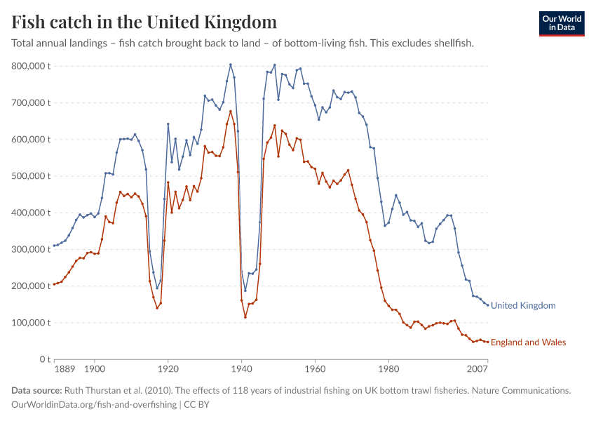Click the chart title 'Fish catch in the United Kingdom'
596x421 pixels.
click(144, 22)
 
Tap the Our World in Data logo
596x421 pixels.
click(561, 23)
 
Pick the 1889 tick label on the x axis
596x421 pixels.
click(64, 368)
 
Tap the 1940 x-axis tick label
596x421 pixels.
click(241, 368)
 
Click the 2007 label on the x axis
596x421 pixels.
click(478, 368)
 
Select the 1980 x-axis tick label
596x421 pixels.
click(388, 368)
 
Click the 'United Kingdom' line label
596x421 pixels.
click(523, 306)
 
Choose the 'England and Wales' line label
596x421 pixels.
click(528, 342)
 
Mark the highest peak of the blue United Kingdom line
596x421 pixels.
click(230, 65)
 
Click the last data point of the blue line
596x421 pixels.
click(487, 305)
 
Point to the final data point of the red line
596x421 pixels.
click(487, 342)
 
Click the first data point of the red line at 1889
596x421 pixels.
click(54, 284)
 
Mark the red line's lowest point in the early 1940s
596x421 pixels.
click(245, 317)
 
